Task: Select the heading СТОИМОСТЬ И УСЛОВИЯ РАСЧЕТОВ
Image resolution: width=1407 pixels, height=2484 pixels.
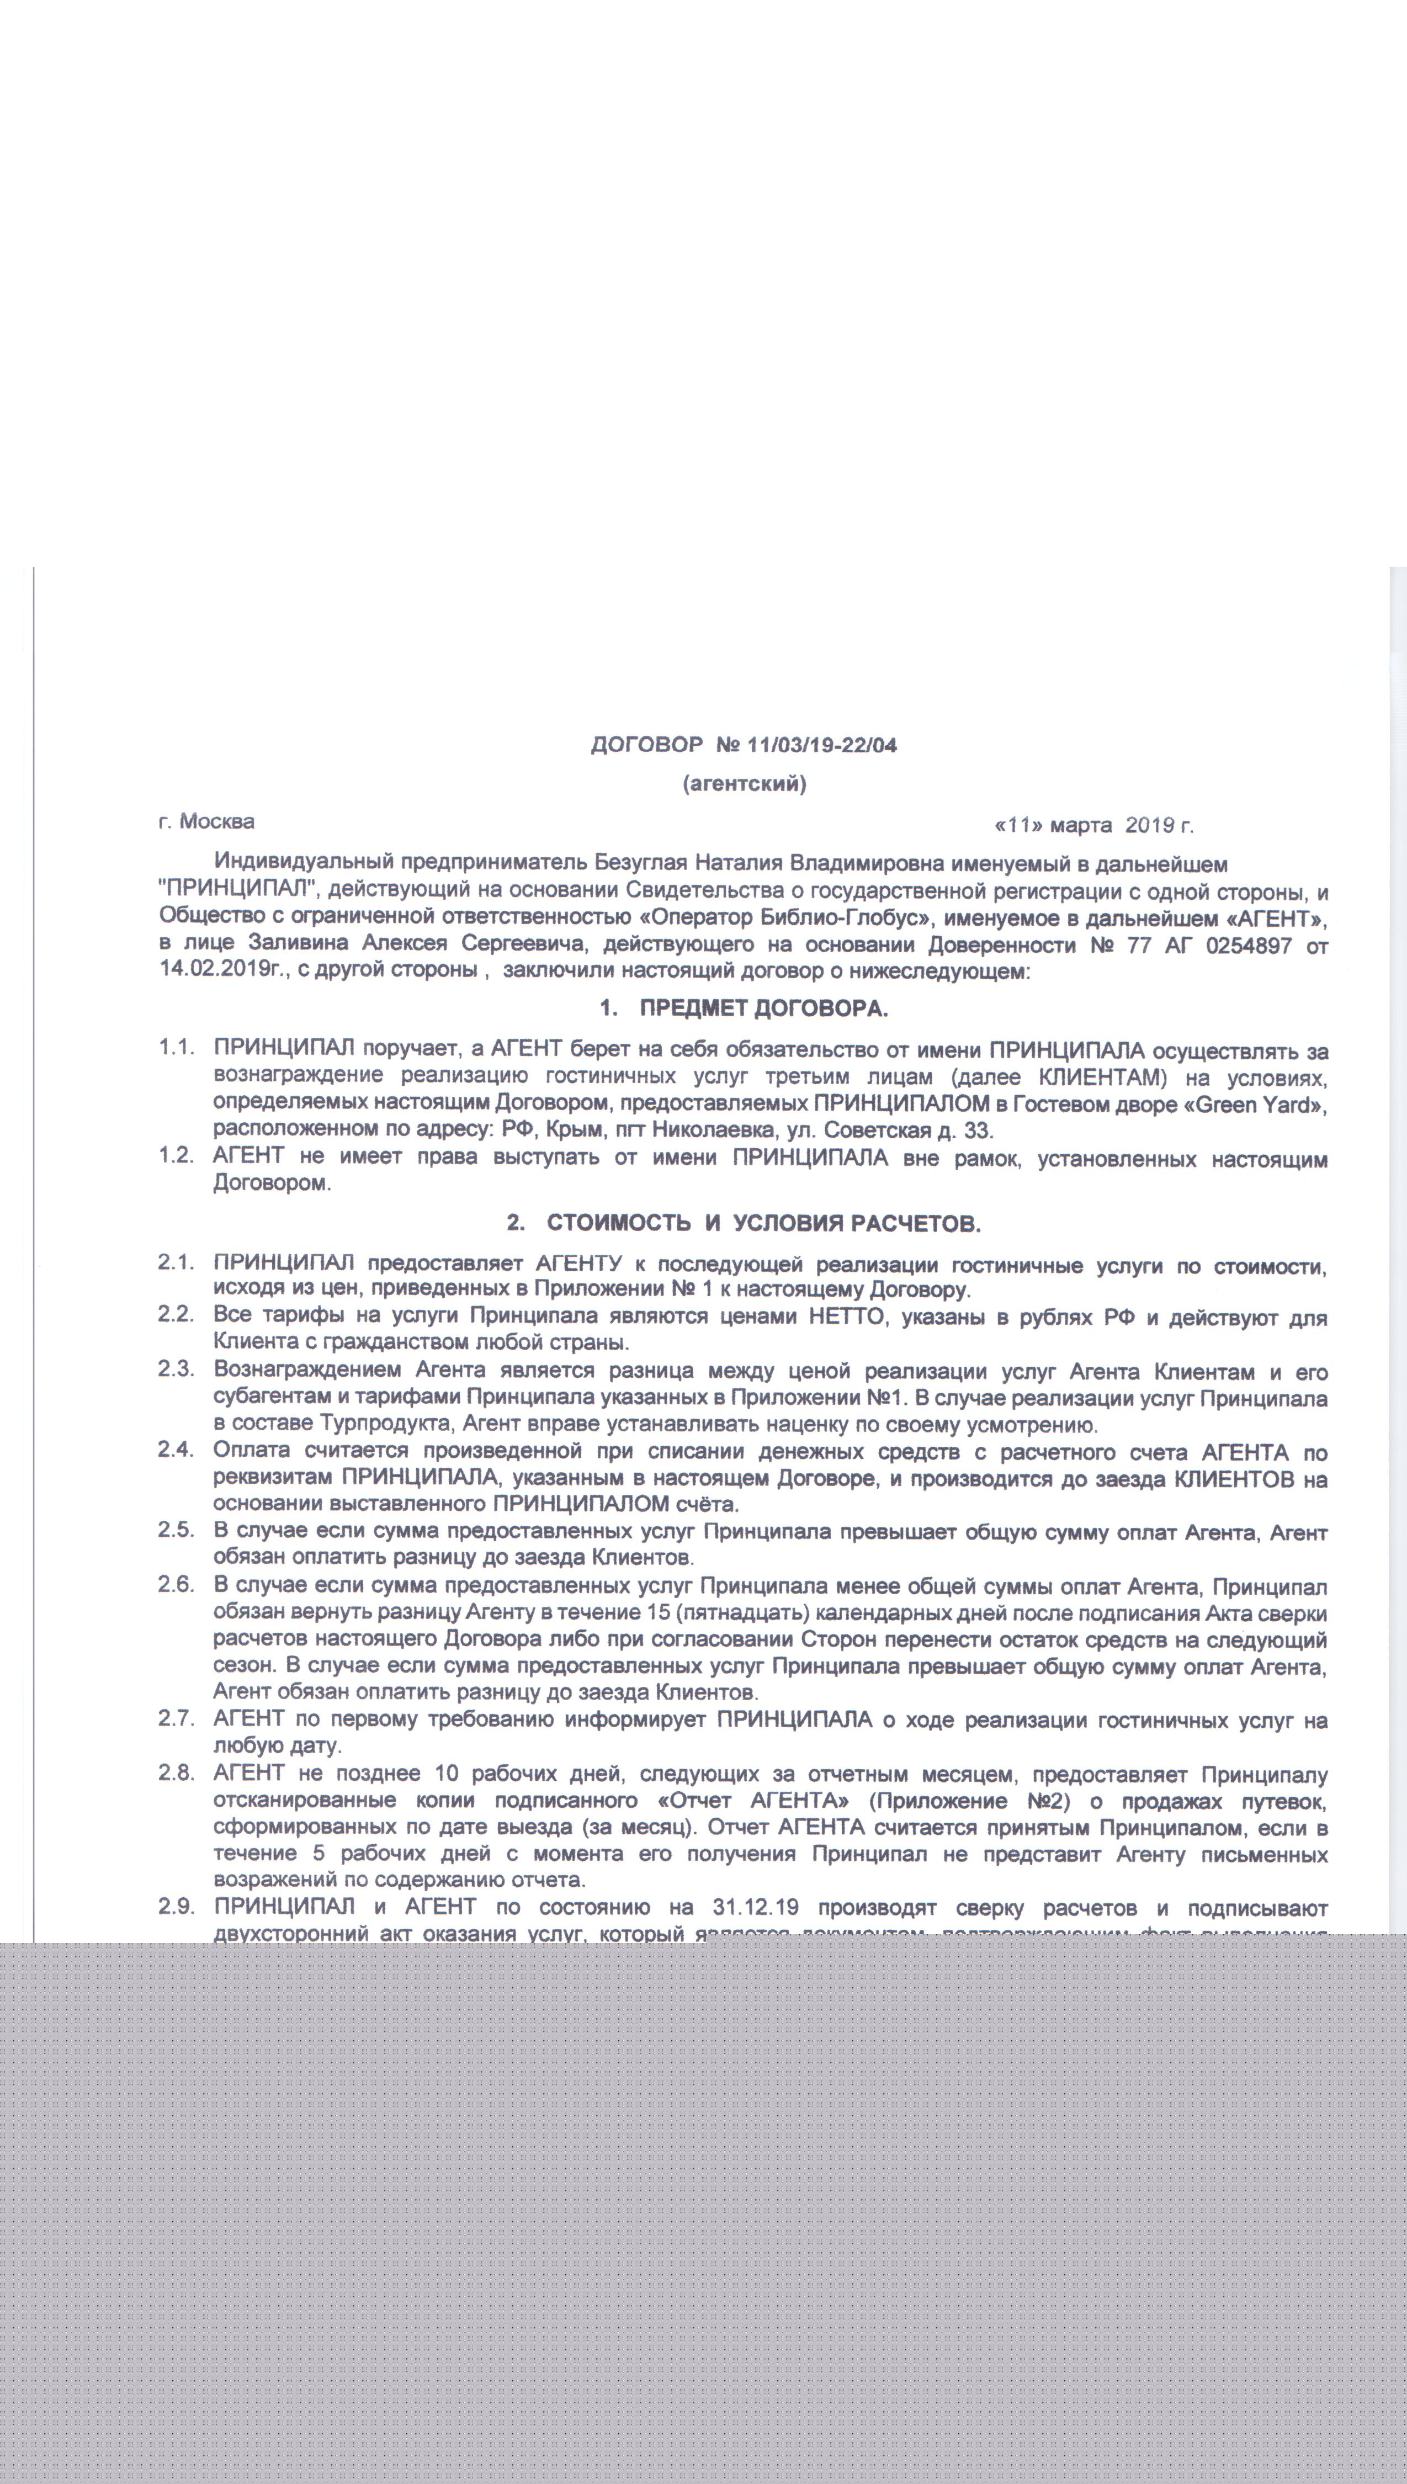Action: tap(763, 1224)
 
